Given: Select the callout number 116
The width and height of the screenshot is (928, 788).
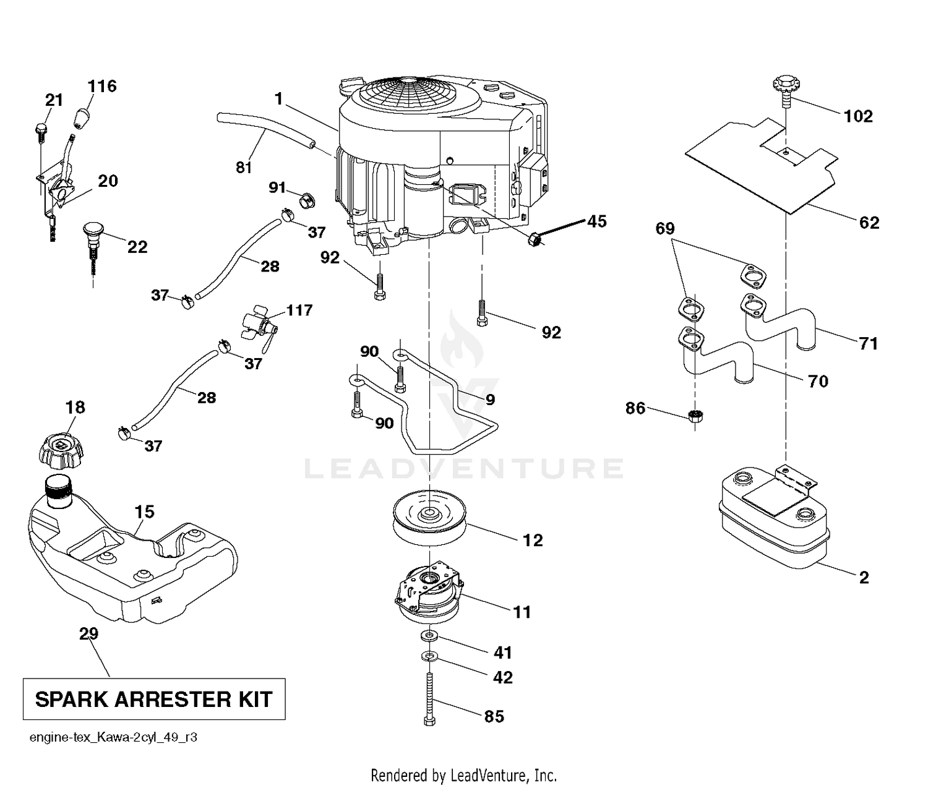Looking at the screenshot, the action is (x=102, y=86).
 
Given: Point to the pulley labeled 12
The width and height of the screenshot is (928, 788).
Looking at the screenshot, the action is (x=429, y=518).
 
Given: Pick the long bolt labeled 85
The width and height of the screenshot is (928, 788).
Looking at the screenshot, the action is (x=429, y=700).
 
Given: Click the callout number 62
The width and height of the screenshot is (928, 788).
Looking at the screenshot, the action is (x=869, y=223).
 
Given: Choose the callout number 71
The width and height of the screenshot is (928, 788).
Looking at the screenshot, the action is (x=868, y=343).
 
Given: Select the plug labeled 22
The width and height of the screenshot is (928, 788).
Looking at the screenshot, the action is (x=93, y=246).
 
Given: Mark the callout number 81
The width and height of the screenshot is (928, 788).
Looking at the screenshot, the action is (x=244, y=168).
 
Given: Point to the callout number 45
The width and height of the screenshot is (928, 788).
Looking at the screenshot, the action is (x=596, y=221).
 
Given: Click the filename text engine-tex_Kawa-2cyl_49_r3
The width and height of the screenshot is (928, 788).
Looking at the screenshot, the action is (x=113, y=738).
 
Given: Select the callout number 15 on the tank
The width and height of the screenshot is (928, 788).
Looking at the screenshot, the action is (x=145, y=512).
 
